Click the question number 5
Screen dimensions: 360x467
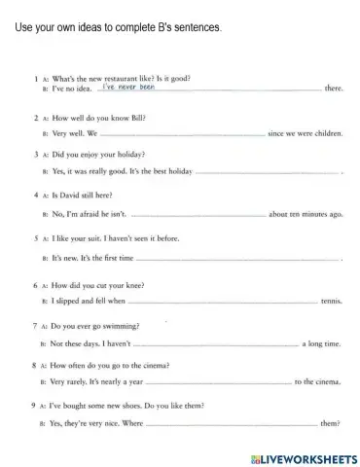pyautogui.click(x=36, y=236)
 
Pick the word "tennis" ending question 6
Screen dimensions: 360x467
pyautogui.click(x=332, y=303)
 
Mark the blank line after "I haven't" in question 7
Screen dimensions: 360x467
pyautogui.click(x=214, y=343)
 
